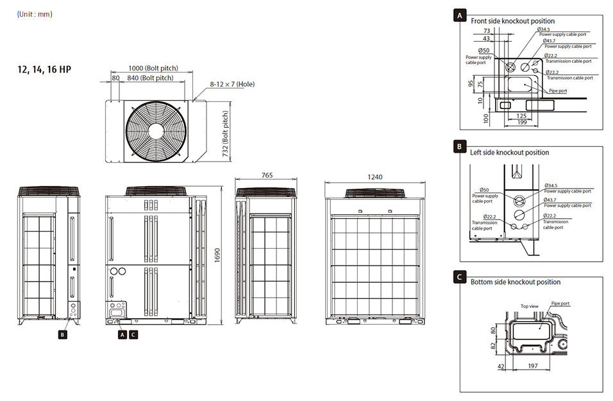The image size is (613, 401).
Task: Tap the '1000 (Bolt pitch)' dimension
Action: point(153,68)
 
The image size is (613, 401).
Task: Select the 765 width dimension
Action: point(266,175)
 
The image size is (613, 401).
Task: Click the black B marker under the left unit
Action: point(62,334)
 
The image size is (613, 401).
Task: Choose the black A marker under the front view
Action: point(122,334)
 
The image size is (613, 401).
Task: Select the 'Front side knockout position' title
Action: point(512,21)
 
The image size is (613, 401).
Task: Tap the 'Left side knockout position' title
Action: point(509,153)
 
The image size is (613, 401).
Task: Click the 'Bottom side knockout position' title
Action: point(515,282)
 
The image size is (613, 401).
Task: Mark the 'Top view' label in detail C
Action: point(529,306)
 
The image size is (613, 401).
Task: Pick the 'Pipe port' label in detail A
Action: point(557,91)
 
